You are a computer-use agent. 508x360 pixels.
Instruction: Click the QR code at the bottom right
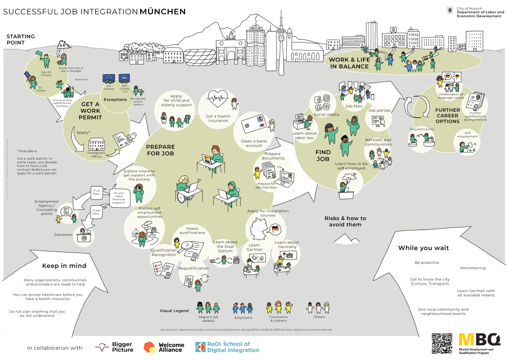click(442, 343)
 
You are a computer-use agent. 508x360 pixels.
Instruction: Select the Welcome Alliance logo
click(164, 347)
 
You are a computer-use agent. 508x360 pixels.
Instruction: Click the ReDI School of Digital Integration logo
click(228, 347)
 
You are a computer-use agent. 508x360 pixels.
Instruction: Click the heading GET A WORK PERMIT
click(90, 111)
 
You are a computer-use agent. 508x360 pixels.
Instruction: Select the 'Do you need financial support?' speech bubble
click(119, 197)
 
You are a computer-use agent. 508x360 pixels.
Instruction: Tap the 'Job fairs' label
click(354, 106)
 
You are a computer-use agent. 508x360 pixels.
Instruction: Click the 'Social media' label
click(326, 115)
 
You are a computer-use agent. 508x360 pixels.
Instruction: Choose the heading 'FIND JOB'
click(323, 155)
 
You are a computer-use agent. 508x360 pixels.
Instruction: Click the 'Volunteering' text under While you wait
click(472, 268)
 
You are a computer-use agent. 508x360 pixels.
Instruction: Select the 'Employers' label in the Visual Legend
click(243, 318)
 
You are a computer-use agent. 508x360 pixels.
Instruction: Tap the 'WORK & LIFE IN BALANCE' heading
click(349, 63)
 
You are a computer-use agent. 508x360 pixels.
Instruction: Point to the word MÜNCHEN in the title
click(163, 11)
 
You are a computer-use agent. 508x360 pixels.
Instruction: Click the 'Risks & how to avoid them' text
click(345, 221)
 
